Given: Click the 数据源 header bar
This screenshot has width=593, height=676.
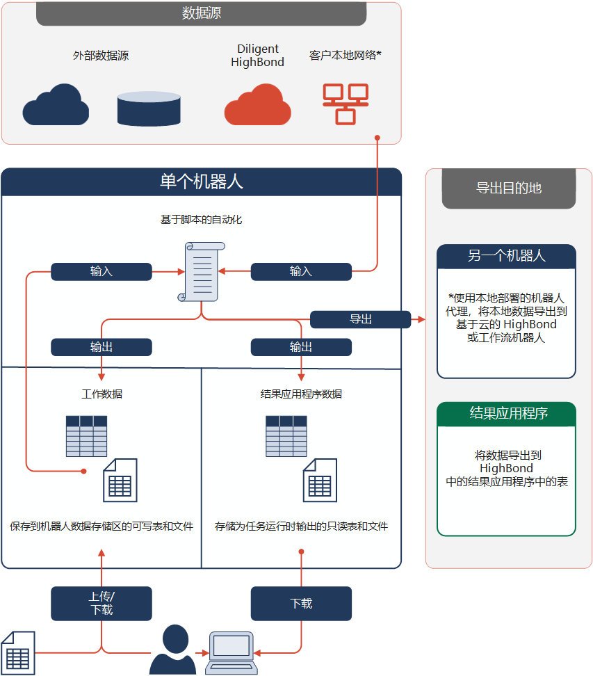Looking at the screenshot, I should click(x=201, y=14).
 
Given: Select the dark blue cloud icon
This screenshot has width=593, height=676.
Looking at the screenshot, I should click(x=56, y=105).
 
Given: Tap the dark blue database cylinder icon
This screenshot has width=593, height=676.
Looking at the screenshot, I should click(x=149, y=108).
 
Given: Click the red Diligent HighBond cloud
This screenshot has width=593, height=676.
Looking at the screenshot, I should click(x=257, y=105).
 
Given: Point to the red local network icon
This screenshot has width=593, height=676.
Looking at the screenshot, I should click(x=346, y=104).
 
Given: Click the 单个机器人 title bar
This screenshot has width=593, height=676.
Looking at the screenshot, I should click(x=201, y=182).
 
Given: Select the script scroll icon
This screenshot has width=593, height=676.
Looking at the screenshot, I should click(x=202, y=271).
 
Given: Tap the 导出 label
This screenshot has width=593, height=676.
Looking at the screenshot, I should click(x=360, y=319).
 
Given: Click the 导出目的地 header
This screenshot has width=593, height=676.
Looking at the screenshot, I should click(x=508, y=188).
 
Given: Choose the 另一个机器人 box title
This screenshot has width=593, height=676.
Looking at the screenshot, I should click(x=506, y=256).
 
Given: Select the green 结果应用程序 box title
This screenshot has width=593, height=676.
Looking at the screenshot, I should click(x=506, y=414).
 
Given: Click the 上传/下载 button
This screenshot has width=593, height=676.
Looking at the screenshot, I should click(x=101, y=603).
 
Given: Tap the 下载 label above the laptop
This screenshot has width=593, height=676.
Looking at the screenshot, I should click(x=301, y=603).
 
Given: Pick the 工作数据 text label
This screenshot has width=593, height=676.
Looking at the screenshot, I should click(x=101, y=394).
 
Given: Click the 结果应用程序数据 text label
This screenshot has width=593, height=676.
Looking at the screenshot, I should click(x=301, y=394).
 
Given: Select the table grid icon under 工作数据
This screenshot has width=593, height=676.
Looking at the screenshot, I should click(x=86, y=436).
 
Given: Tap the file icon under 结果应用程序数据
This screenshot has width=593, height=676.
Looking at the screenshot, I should click(x=320, y=481).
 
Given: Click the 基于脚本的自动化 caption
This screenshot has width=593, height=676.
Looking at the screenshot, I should click(x=201, y=220).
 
